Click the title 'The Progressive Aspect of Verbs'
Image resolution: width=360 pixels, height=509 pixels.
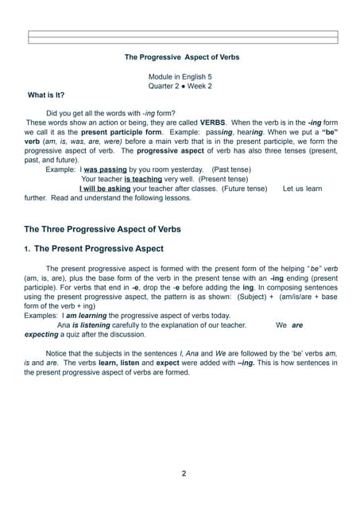(x=182, y=57)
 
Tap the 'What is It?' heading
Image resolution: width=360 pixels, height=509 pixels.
(x=46, y=95)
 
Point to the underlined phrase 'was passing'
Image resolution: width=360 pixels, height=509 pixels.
(x=106, y=169)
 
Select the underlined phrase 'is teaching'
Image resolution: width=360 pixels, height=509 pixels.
(x=143, y=179)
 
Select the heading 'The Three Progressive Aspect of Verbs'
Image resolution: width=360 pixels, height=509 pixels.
(x=103, y=229)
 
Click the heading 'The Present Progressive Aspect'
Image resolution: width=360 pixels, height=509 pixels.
(x=99, y=249)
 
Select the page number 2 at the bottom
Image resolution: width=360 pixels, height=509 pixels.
(x=184, y=474)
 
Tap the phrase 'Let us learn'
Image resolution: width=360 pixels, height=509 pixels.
(x=303, y=188)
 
